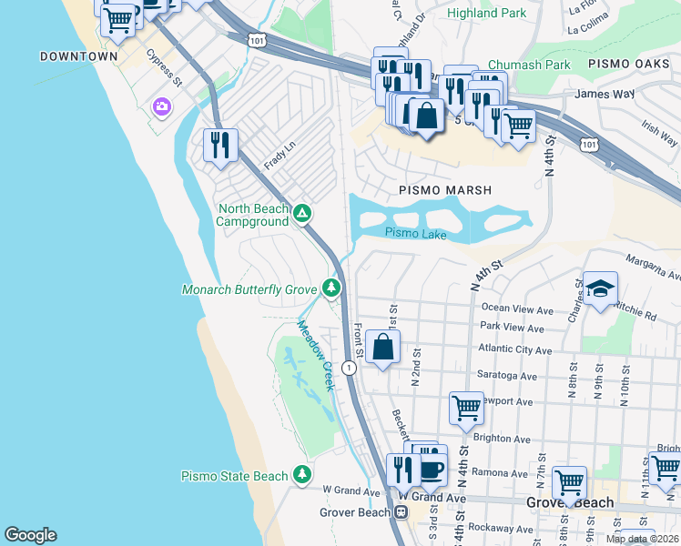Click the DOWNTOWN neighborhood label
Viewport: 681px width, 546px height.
[x=79, y=56]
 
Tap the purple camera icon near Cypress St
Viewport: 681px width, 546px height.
[x=162, y=107]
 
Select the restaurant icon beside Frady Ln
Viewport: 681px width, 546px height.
[x=220, y=145]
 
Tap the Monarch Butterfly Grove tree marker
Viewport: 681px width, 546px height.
[x=331, y=289]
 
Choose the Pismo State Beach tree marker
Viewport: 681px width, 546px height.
[x=302, y=475]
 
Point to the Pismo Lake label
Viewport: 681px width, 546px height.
[x=415, y=233]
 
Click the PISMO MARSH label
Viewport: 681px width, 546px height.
[x=444, y=190]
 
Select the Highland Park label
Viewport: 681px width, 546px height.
[x=487, y=14]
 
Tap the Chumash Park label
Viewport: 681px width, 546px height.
[x=529, y=65]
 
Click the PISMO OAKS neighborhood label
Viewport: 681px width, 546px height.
[x=630, y=65]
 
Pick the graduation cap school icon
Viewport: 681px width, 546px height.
[x=600, y=288]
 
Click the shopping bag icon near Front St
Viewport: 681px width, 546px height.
[x=383, y=347]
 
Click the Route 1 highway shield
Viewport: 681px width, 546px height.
[x=349, y=368]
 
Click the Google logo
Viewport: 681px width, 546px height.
[x=30, y=535]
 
